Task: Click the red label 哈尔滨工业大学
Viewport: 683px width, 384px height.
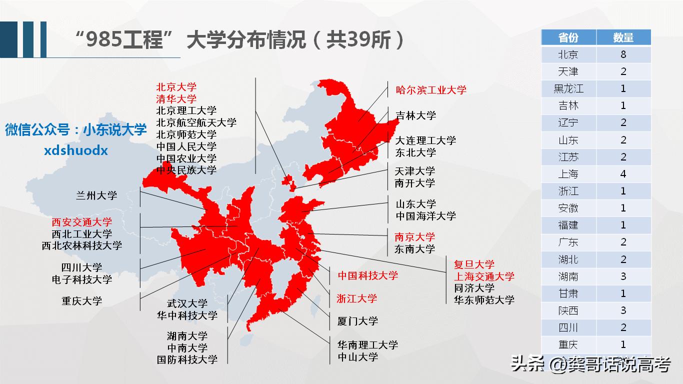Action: click(431, 90)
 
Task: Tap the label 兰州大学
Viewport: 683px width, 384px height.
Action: click(96, 195)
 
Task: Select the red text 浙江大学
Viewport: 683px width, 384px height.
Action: click(356, 298)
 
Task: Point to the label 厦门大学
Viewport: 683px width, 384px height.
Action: click(357, 321)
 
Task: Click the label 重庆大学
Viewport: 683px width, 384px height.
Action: click(81, 301)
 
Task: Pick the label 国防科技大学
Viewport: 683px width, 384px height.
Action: click(187, 359)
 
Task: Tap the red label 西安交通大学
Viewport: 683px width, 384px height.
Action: click(81, 222)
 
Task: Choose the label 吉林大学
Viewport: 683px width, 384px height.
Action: click(415, 115)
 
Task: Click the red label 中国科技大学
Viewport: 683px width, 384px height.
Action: click(367, 275)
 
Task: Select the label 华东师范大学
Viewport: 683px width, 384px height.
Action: click(484, 300)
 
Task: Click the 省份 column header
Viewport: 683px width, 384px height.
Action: click(568, 37)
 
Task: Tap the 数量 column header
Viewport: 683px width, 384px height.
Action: click(623, 37)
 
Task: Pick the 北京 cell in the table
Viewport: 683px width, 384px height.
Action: click(568, 54)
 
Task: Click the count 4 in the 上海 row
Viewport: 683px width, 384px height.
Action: click(623, 174)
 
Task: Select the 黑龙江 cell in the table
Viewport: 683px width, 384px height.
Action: click(568, 89)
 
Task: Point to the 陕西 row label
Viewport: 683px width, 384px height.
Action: click(568, 310)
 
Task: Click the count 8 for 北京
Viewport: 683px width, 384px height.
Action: click(623, 54)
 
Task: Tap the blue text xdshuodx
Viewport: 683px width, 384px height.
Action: click(76, 150)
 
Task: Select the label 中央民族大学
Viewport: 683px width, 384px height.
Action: click(186, 170)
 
